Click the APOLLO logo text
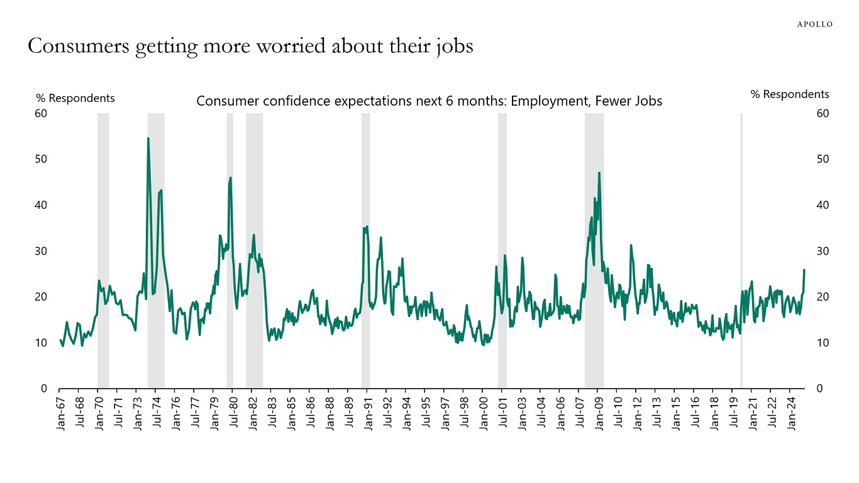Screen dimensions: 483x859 tap(815, 25)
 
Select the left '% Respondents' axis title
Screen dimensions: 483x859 tap(75, 98)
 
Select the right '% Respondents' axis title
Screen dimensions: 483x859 tap(789, 94)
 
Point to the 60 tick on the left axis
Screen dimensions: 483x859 tap(41, 113)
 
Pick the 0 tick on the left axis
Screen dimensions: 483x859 tap(44, 389)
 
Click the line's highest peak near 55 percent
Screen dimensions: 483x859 tap(148, 138)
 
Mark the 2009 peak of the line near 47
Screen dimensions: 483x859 tap(599, 173)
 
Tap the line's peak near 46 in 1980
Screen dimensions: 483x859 tap(231, 178)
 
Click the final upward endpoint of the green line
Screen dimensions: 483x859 tap(804, 270)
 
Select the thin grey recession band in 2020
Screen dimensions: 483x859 tap(741, 252)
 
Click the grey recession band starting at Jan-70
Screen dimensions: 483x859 tap(103, 252)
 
